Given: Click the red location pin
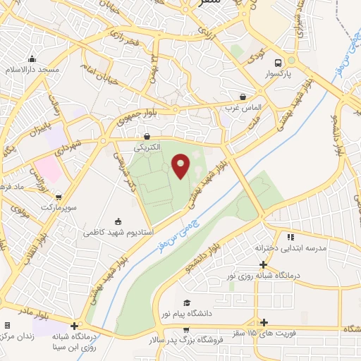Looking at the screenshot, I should (181, 166).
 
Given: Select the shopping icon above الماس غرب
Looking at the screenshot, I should (243, 97).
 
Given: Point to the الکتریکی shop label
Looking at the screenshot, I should (148, 148).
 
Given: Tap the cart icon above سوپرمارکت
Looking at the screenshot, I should (59, 197).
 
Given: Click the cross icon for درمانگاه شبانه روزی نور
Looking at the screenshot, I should (263, 265).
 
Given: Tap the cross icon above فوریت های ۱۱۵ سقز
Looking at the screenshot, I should (264, 323).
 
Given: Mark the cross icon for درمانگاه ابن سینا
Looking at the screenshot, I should (74, 325).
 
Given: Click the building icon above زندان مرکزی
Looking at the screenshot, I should (8, 326).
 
